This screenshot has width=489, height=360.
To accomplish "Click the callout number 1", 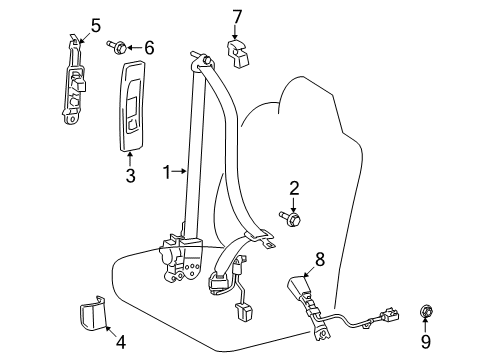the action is point(167,172).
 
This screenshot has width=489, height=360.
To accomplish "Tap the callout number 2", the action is point(294,189).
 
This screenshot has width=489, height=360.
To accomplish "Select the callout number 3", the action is point(130,176).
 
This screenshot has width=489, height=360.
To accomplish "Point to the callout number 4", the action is point(121,342).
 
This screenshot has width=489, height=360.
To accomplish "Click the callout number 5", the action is point(96,26).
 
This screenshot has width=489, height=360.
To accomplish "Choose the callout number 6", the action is point(149,48).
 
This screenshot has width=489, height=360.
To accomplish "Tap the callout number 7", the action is point(236,17).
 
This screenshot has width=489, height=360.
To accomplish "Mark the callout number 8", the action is point(319,259).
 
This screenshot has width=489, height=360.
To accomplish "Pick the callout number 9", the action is point(425,342).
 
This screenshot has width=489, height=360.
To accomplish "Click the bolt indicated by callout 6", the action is point(117,47).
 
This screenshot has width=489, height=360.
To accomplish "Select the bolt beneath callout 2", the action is point(290,218).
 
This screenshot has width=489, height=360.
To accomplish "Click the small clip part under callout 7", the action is point(238,53).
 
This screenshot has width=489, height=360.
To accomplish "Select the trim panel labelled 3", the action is point(132,106).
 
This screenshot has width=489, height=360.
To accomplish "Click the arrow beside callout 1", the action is point(178,171).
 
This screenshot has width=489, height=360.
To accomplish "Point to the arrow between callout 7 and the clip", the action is point(235,32).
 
